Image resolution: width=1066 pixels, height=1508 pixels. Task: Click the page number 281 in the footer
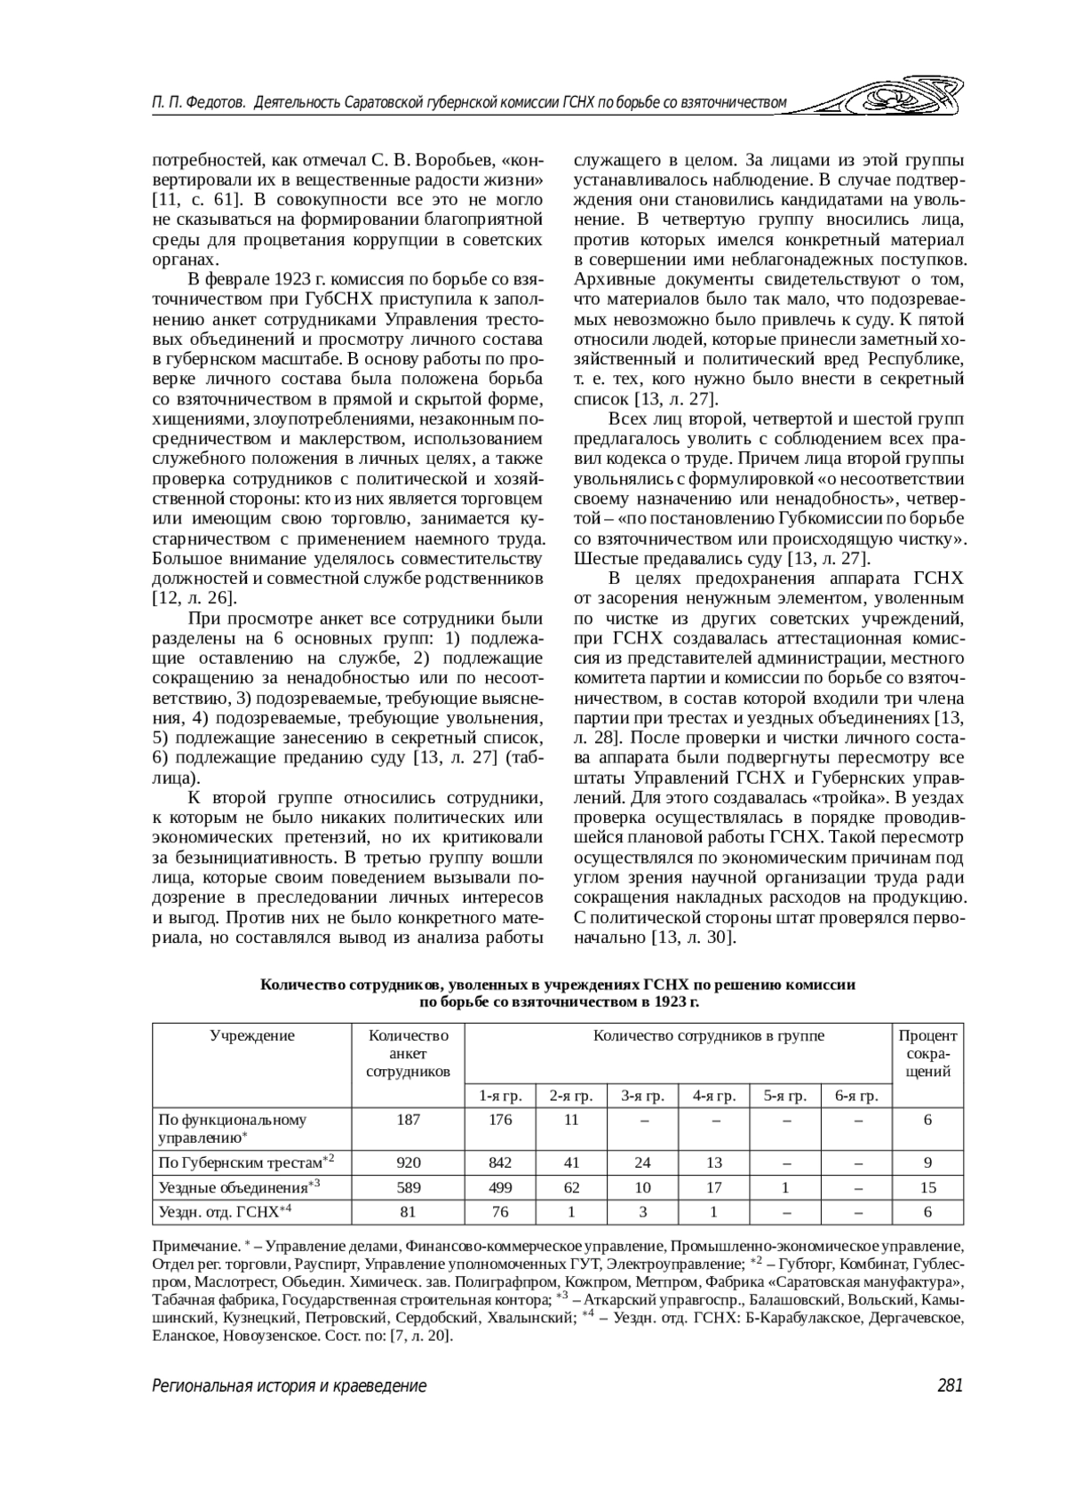click(x=949, y=1385)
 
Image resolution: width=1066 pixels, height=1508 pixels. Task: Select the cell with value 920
click(x=409, y=1162)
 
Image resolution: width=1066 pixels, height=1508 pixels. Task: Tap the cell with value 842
click(x=500, y=1162)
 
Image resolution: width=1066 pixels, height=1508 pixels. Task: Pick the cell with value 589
click(x=409, y=1187)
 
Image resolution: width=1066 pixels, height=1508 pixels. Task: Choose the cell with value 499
click(x=500, y=1187)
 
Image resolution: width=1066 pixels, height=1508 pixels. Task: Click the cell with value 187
click(x=409, y=1120)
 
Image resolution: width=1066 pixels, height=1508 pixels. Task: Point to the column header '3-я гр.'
click(x=642, y=1096)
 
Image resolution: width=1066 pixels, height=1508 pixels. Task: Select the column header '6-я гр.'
click(x=856, y=1096)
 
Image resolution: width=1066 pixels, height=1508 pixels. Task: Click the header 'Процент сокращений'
click(x=927, y=1053)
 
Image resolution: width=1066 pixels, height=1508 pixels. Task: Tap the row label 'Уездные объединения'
click(x=233, y=1187)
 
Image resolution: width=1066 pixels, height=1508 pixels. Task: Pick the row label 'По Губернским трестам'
click(x=240, y=1162)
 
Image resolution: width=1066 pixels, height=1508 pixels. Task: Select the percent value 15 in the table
click(x=927, y=1187)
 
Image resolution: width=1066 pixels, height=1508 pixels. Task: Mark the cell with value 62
click(x=570, y=1187)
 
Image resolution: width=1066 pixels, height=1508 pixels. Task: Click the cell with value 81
click(x=409, y=1211)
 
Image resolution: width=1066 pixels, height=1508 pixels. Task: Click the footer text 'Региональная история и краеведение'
click(x=289, y=1385)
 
